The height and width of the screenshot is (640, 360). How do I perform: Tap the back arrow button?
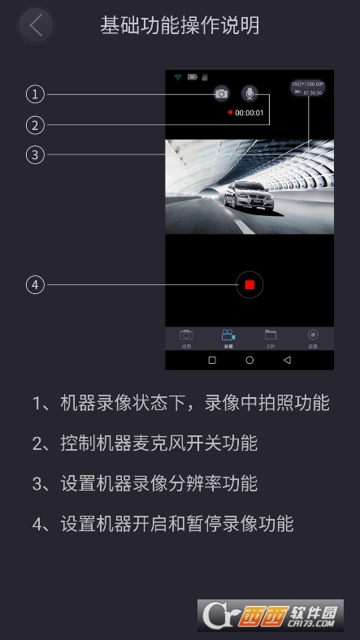(35, 25)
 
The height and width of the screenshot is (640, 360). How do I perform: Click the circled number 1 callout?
(34, 95)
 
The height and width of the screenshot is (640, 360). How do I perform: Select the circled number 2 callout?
(34, 125)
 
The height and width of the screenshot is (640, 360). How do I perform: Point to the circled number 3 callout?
(34, 155)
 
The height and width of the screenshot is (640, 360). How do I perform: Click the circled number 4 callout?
(34, 285)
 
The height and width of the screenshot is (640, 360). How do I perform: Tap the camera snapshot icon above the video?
(221, 93)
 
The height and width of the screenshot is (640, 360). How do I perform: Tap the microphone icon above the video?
(250, 93)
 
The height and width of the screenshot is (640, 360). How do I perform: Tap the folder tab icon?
(271, 335)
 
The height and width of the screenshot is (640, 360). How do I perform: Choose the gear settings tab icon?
(313, 335)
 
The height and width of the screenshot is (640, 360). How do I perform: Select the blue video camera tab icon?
(228, 335)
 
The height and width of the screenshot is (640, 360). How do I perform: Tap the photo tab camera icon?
(186, 335)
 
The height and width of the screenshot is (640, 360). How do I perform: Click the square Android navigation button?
(212, 360)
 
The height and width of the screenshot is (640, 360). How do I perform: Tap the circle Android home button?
(249, 360)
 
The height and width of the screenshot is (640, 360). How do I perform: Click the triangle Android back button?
(287, 360)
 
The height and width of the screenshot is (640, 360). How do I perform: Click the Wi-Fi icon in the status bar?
(177, 77)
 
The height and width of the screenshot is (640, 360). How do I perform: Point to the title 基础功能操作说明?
(180, 25)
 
